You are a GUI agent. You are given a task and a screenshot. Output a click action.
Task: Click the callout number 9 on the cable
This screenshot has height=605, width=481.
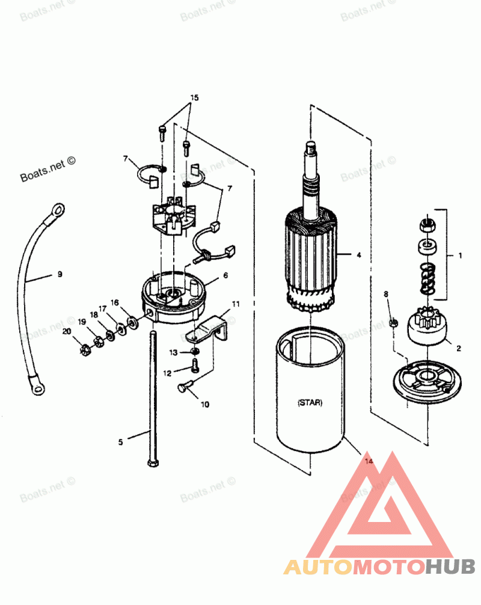pos(60,274)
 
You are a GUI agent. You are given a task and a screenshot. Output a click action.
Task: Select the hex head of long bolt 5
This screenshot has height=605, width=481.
pos(150,462)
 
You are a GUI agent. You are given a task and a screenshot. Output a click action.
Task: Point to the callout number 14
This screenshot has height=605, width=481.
pos(369,461)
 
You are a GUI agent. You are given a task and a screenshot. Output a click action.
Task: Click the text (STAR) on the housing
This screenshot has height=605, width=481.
pos(310,403)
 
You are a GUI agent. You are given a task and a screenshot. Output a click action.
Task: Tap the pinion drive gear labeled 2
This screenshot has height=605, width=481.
pos(427,328)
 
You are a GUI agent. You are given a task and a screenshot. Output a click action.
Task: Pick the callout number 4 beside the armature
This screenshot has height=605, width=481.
pos(358,255)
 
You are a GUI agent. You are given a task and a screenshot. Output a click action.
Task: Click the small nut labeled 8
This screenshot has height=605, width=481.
pos(394,323)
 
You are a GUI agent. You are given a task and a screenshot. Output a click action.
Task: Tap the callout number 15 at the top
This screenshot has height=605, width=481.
pos(194,97)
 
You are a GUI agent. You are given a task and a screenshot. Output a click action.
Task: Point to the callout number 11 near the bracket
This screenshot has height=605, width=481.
pos(236,304)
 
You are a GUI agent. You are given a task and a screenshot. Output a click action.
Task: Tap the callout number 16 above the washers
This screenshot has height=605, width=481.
pos(114,302)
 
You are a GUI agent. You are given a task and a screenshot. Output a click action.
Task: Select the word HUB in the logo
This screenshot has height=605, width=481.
pos(452,567)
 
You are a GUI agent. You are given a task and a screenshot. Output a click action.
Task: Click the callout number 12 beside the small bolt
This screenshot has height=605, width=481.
pos(167,373)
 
